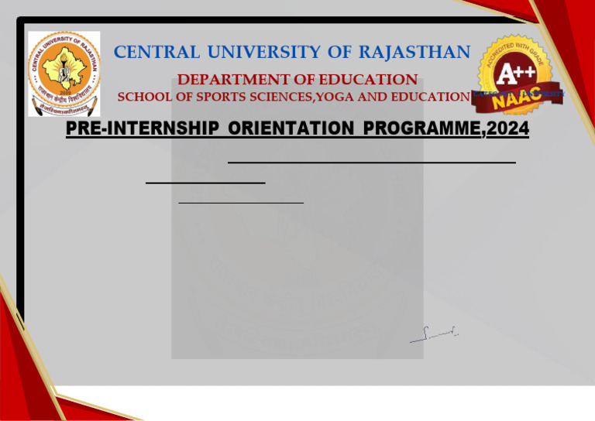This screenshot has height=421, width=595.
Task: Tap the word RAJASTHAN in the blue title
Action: point(419,52)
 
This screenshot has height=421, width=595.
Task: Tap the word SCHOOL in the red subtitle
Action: point(145,97)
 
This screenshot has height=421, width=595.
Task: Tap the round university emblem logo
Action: point(64,74)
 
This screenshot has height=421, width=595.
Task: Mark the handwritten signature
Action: point(434,334)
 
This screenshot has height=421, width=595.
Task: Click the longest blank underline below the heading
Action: point(372,163)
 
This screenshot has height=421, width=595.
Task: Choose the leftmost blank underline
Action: point(205,183)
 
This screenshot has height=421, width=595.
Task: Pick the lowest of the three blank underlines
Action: point(241,202)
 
